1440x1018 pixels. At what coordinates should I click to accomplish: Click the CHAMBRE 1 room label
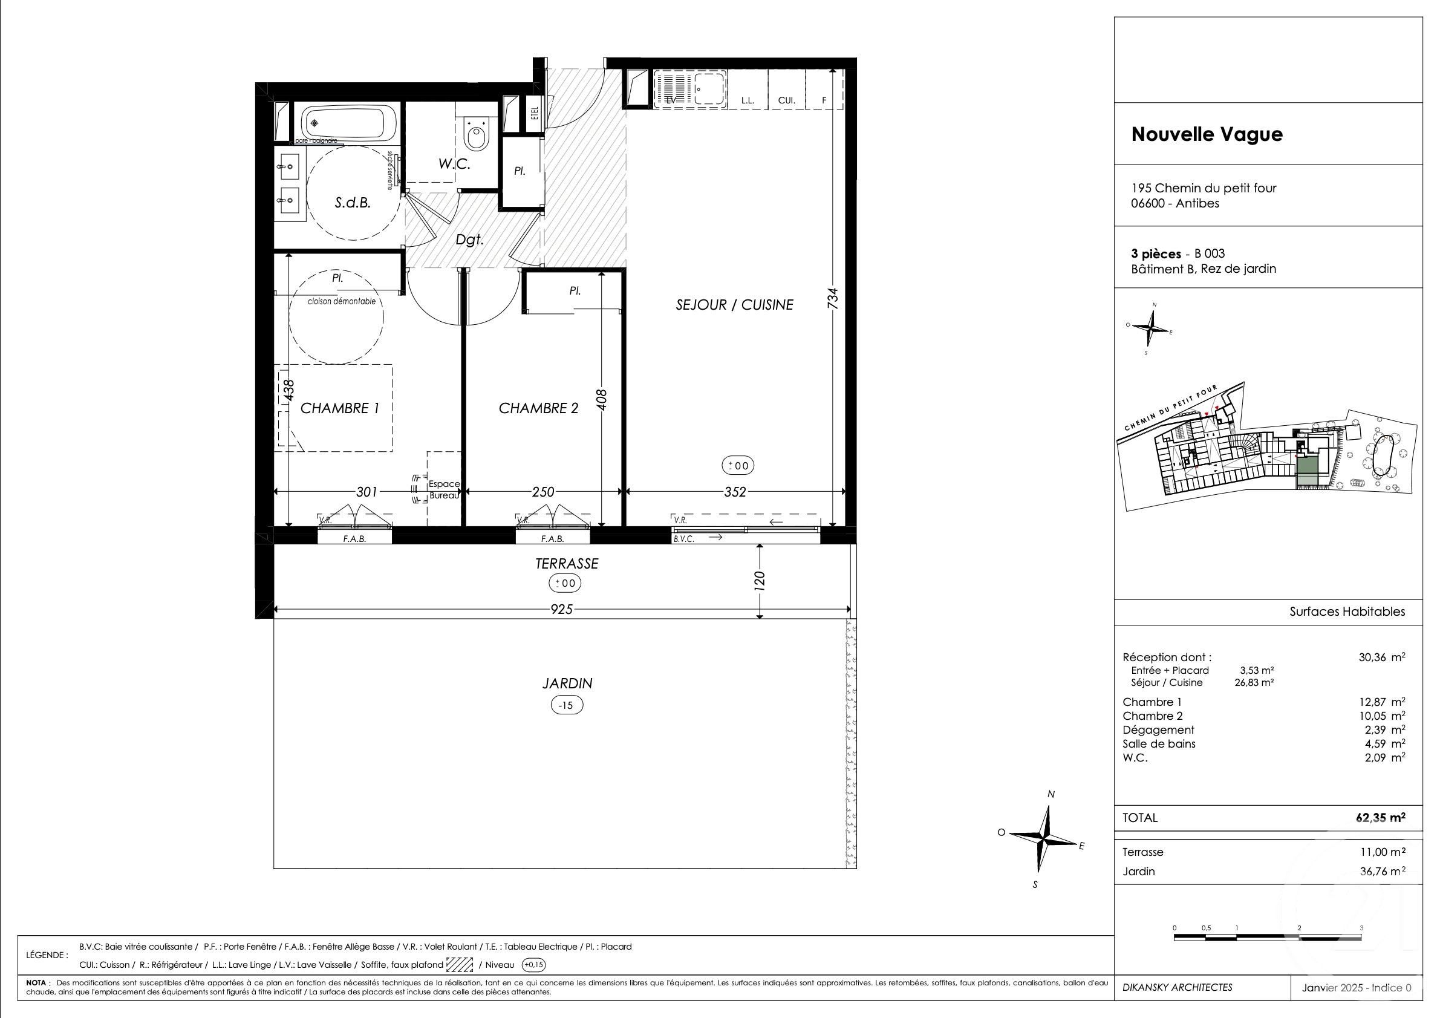(340, 408)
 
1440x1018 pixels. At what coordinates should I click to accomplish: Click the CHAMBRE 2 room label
(538, 408)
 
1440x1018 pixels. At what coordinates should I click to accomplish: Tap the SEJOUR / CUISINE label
(734, 305)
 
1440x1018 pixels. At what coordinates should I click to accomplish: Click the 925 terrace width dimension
(562, 609)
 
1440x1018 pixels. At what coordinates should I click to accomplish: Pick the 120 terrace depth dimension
(760, 581)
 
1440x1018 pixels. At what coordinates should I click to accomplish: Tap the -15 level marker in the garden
(566, 705)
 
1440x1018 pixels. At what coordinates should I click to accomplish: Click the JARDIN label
(567, 683)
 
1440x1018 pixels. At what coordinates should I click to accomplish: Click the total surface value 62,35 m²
(1380, 818)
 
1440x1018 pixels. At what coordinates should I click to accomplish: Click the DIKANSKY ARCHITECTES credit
(1177, 987)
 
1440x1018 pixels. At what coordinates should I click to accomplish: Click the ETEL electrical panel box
(535, 115)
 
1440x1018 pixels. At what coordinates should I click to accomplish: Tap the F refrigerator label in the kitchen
(824, 100)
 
